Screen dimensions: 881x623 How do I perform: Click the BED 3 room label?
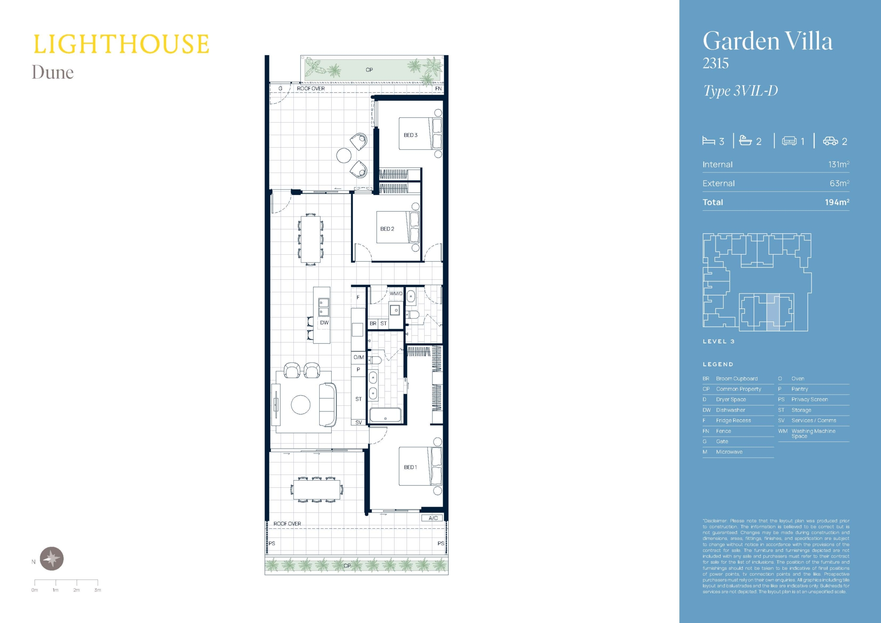(410, 135)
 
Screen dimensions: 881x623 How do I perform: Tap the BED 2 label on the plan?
(387, 229)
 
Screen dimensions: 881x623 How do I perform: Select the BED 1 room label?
(410, 467)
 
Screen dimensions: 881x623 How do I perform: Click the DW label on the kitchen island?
(324, 323)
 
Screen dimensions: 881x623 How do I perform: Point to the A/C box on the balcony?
(433, 518)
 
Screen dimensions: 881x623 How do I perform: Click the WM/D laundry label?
(396, 294)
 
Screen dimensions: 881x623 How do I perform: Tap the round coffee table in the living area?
(301, 405)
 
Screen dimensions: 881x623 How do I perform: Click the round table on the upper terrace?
(344, 155)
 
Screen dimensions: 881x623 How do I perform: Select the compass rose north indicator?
(52, 558)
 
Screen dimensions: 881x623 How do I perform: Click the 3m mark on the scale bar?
(98, 590)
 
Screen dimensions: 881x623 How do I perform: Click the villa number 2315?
(715, 64)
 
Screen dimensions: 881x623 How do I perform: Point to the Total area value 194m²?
(837, 202)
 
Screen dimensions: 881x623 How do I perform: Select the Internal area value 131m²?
(838, 164)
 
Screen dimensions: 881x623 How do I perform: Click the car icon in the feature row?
(830, 141)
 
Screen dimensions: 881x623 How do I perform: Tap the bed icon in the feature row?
(708, 141)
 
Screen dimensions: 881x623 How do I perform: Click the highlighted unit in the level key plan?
(773, 313)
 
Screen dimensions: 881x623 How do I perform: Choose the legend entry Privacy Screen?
(810, 399)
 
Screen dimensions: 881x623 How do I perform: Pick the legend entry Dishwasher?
(730, 410)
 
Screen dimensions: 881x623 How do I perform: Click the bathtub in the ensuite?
(385, 415)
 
